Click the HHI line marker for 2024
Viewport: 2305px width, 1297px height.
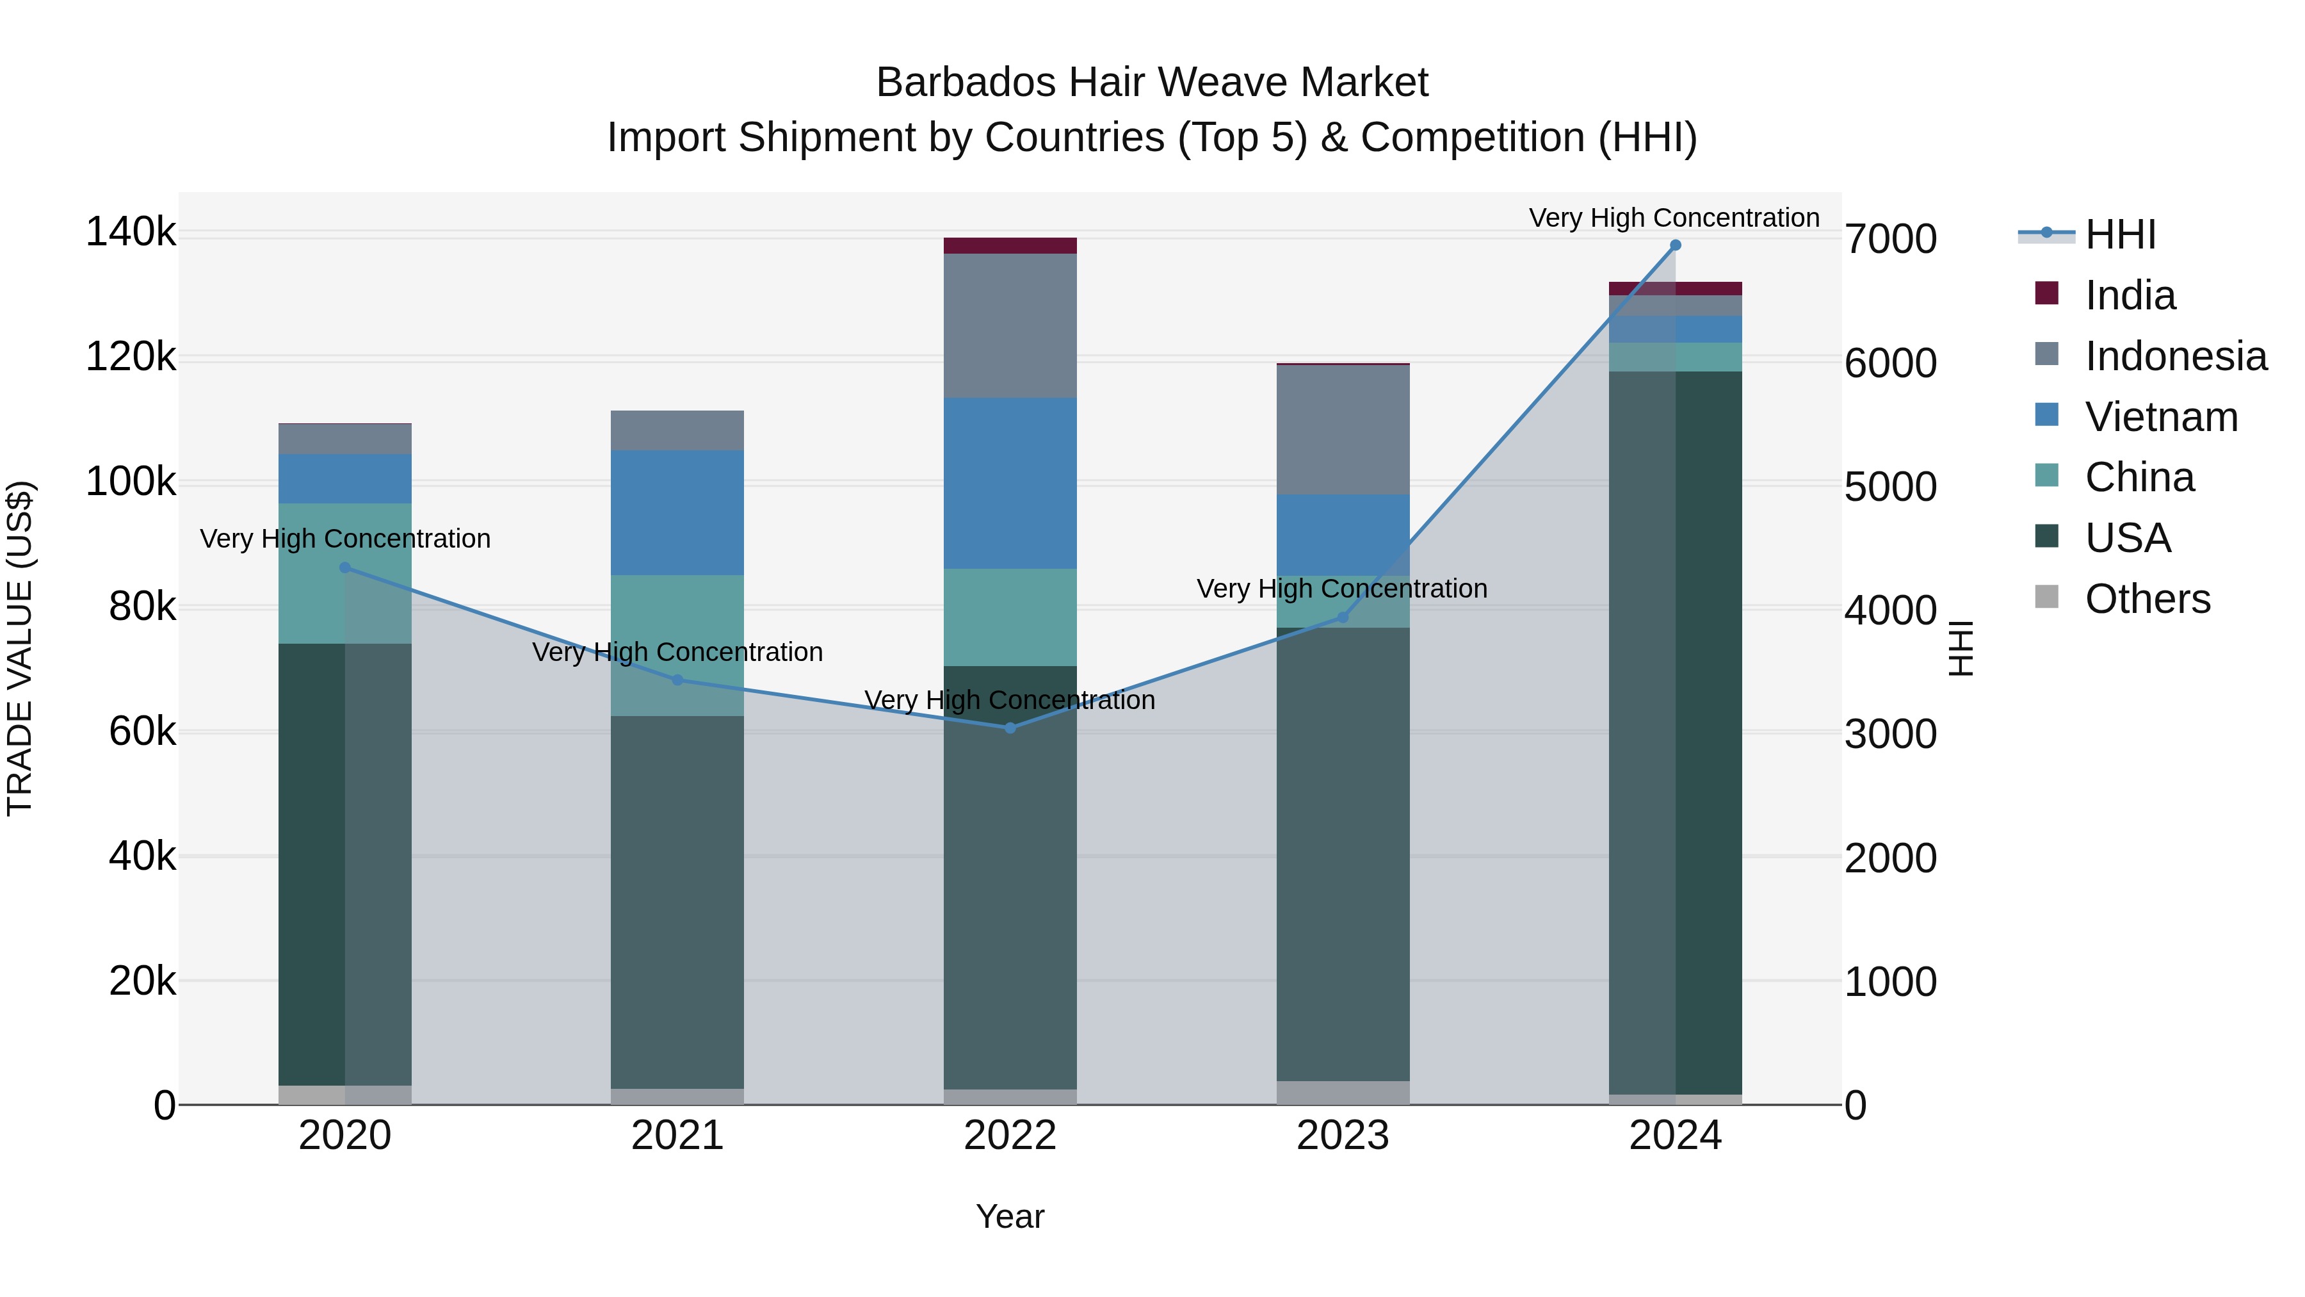pos(1675,245)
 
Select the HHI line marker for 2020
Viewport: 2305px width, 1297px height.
pos(345,567)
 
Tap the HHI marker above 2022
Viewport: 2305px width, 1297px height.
pos(1010,728)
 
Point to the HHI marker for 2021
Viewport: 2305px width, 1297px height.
pos(677,680)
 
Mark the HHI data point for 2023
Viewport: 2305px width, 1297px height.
pos(1342,617)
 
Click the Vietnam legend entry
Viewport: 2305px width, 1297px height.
pos(2161,417)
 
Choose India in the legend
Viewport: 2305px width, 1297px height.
pos(2130,295)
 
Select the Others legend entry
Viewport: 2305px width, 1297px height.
pos(2147,599)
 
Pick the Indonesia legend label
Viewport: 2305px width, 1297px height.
pos(2175,356)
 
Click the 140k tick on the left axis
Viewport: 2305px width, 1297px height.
pos(131,232)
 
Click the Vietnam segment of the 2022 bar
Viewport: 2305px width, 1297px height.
pos(1010,484)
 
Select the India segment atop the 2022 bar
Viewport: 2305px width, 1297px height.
pos(1010,246)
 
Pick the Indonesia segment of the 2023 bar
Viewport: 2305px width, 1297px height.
pos(1342,430)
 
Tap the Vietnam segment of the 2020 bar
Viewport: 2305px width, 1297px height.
pos(345,479)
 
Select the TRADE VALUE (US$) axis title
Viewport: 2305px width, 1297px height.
pos(20,649)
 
